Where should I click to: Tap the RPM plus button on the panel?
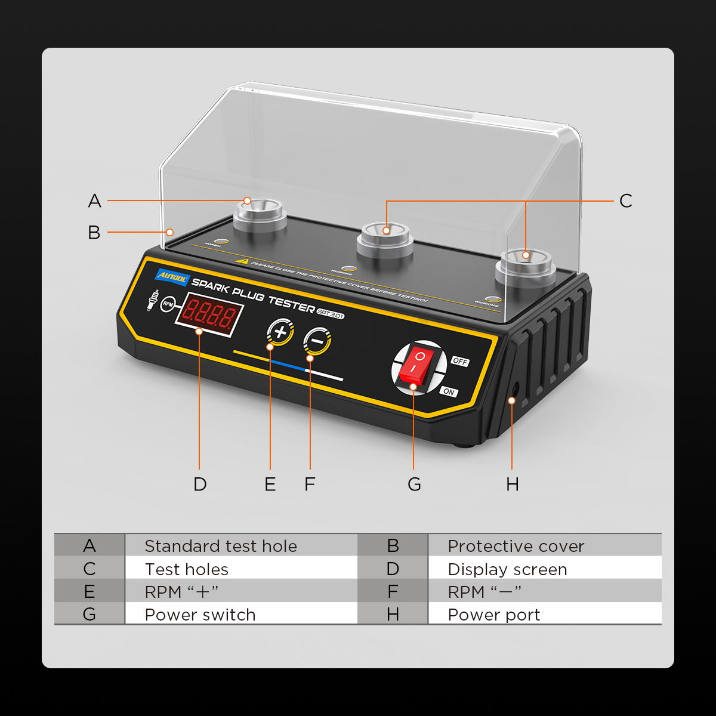click(x=280, y=332)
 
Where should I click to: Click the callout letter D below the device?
click(x=200, y=484)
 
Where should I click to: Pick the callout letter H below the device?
click(x=512, y=484)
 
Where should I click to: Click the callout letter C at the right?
click(x=625, y=201)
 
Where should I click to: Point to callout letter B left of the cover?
click(x=94, y=232)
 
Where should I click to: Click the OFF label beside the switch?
click(x=460, y=362)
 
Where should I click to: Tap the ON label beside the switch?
click(x=449, y=392)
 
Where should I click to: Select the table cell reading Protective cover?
click(x=516, y=545)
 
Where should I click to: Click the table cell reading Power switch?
click(x=200, y=614)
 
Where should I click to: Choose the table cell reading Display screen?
click(x=507, y=569)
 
